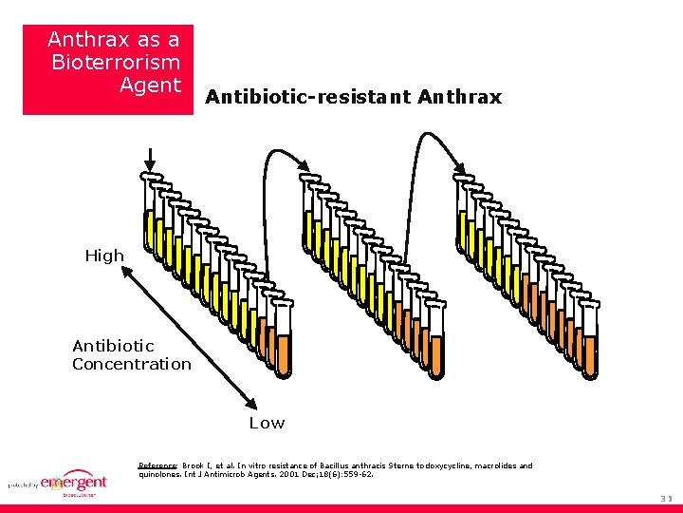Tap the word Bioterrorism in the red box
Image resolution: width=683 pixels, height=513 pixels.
[116, 63]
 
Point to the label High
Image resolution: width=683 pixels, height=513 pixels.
[104, 256]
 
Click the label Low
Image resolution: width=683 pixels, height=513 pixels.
[267, 423]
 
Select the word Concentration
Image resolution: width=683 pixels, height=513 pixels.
[132, 364]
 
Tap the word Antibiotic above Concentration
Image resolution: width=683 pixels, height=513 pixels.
[113, 346]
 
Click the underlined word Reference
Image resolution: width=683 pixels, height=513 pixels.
[157, 466]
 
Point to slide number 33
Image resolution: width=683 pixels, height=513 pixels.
[666, 497]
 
